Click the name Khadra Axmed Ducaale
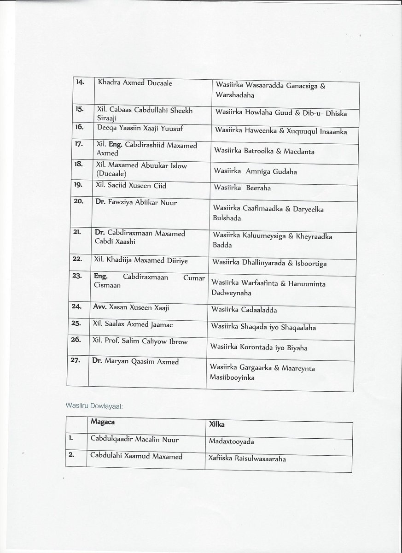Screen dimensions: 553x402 click(126, 83)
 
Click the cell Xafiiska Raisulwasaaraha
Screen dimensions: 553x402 click(247, 459)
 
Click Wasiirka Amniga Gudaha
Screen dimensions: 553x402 click(255, 172)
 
